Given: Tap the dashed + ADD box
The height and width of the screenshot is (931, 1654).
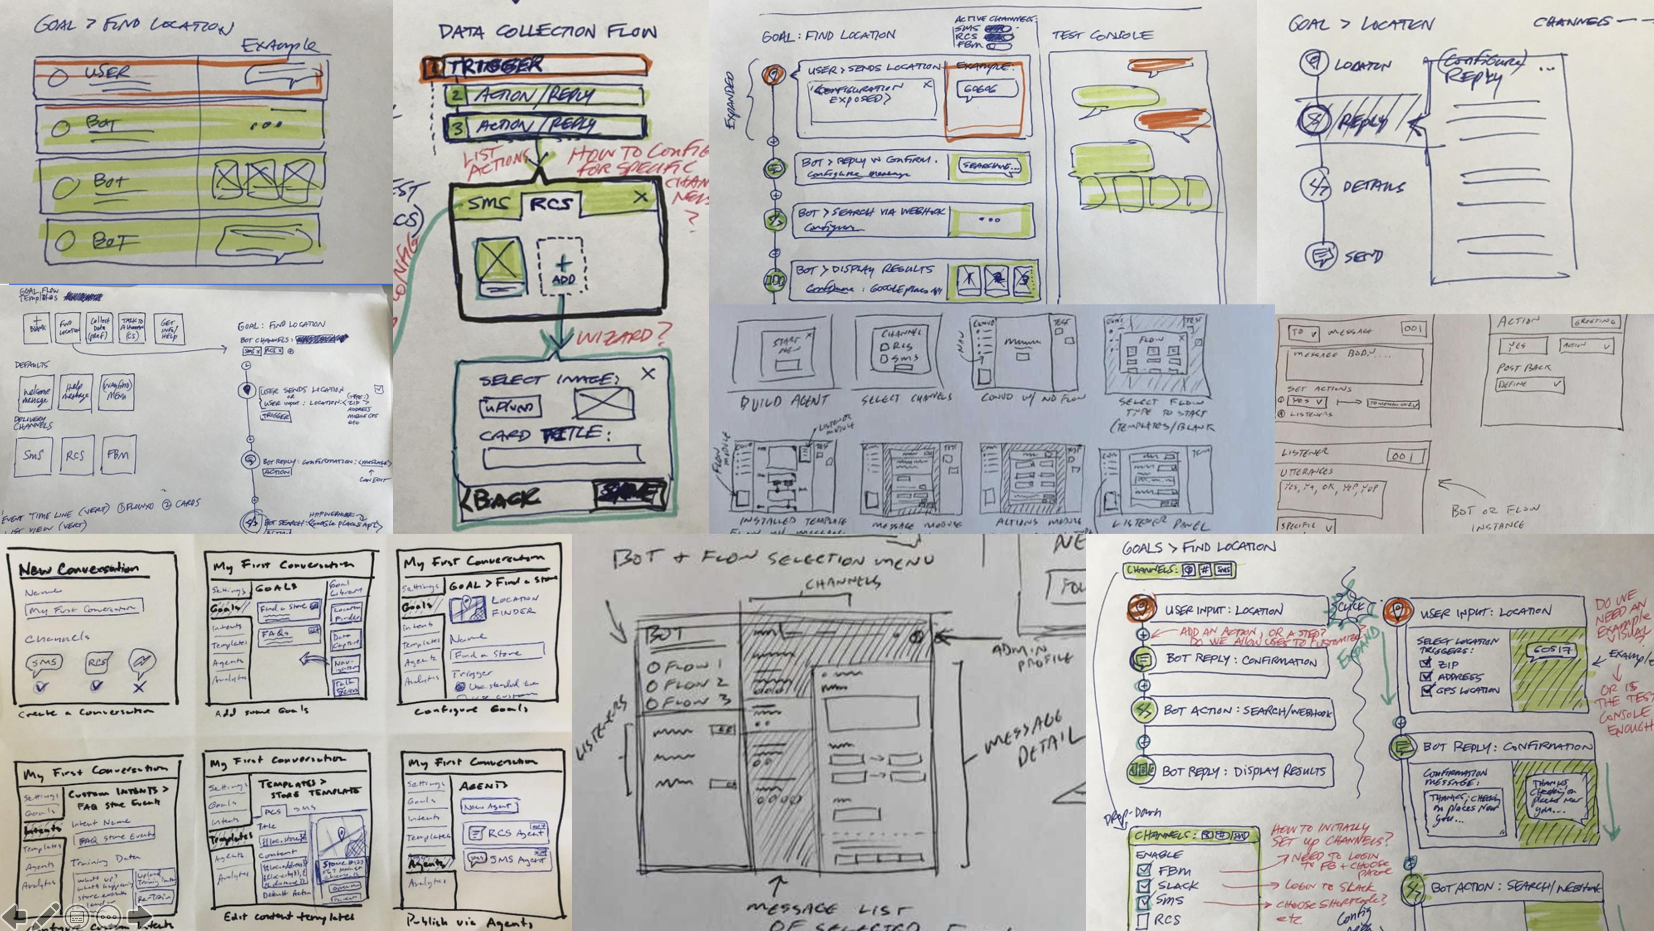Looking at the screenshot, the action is tap(561, 267).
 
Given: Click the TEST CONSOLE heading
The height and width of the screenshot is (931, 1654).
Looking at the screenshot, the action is tap(1102, 36).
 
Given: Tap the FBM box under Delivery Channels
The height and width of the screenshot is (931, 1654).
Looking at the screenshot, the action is tap(118, 455).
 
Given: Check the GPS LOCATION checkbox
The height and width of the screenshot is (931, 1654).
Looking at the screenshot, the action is tap(1427, 690).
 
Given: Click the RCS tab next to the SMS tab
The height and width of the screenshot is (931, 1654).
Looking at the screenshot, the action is tap(550, 204).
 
